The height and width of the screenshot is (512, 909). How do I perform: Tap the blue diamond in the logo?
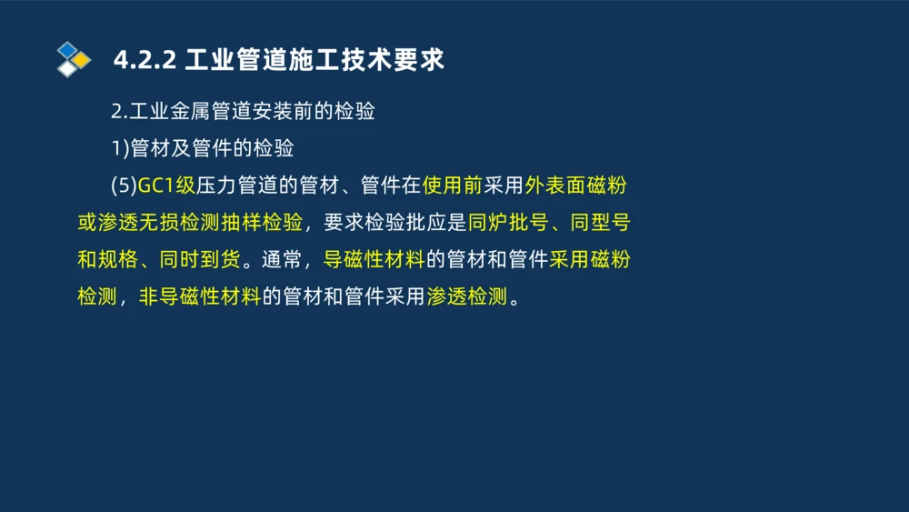pos(67,49)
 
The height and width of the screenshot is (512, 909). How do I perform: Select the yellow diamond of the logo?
pos(82,60)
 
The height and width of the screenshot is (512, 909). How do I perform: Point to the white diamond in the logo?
pos(67,68)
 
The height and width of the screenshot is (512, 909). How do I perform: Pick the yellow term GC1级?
pos(166,186)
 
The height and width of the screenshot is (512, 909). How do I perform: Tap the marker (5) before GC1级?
pos(123,186)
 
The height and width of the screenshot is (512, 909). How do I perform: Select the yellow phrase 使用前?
pos(452,186)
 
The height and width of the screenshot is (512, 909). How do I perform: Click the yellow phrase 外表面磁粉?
pos(575,186)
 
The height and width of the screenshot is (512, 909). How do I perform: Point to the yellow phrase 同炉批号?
pos(506,223)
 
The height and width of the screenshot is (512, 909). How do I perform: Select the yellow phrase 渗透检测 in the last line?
pos(466,297)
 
